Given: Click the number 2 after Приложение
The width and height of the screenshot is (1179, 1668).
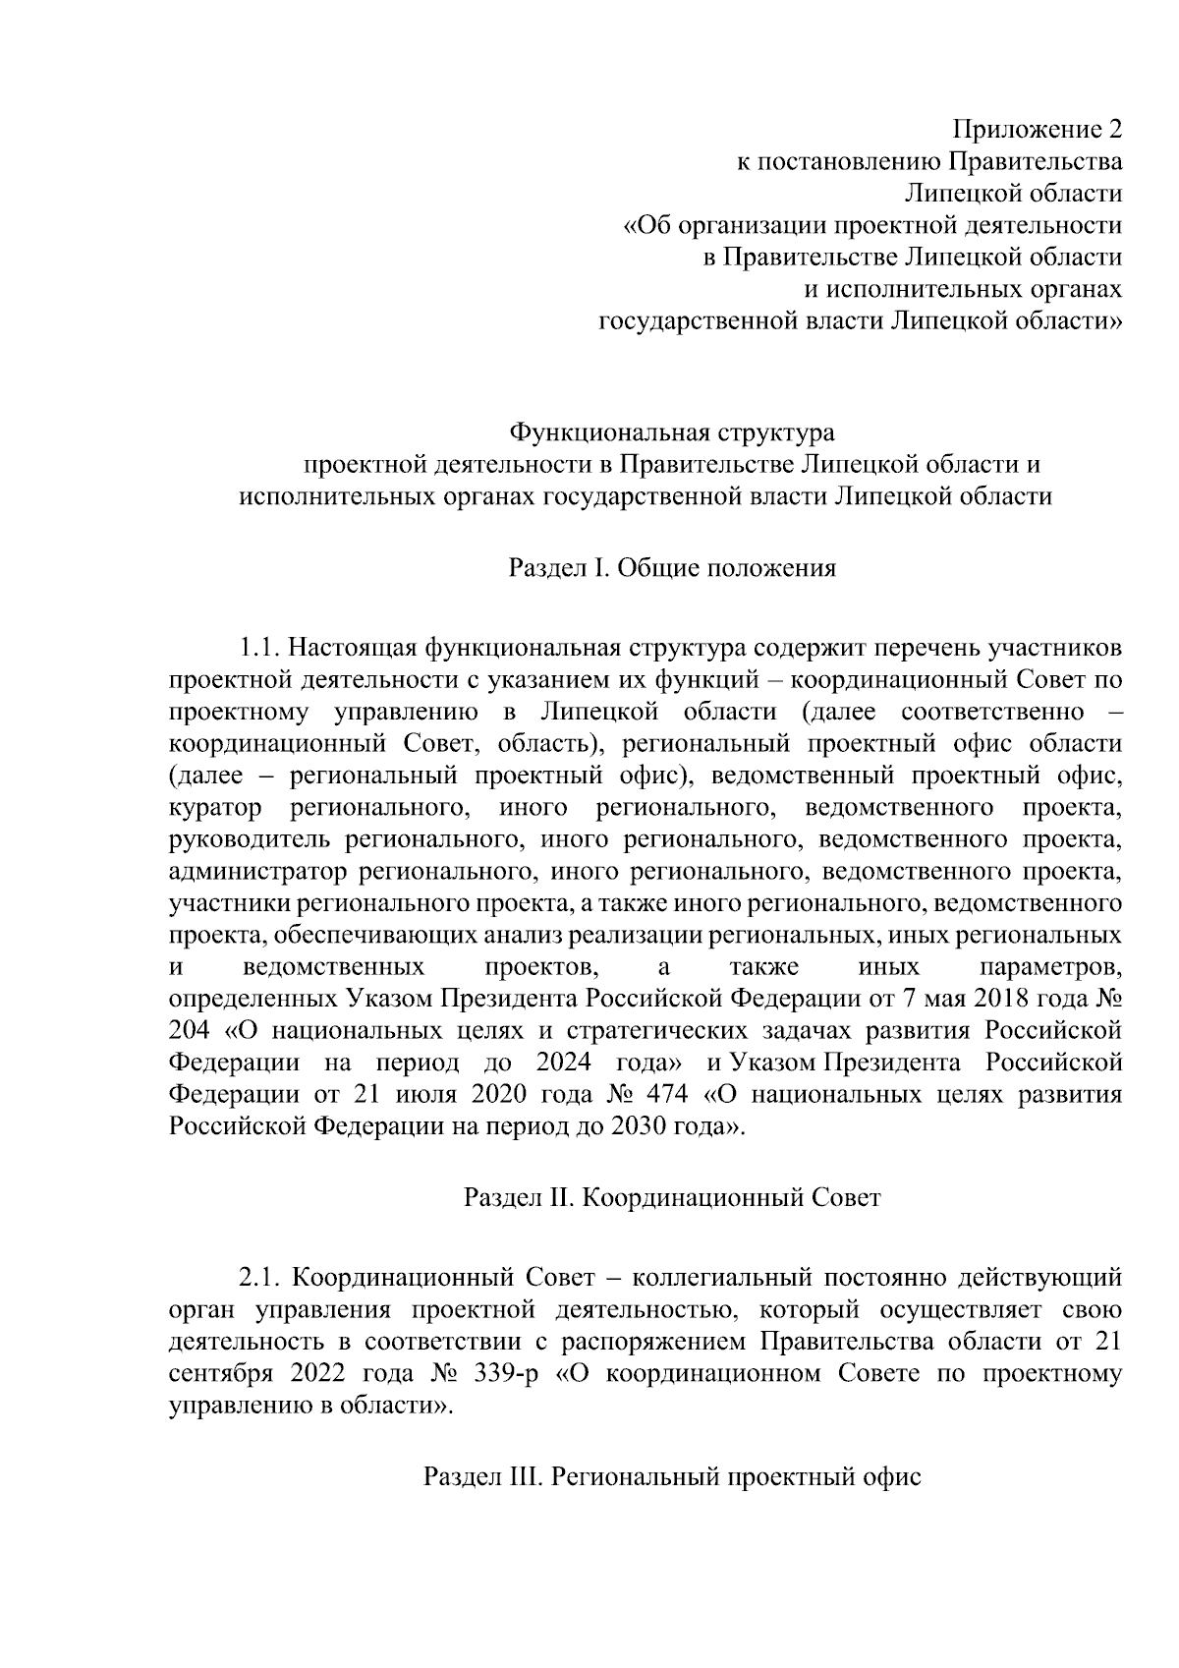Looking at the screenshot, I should (x=1113, y=130).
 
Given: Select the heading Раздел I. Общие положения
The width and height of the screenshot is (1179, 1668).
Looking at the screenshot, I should (x=673, y=568).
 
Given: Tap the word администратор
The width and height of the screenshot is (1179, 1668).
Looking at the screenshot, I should (x=258, y=872).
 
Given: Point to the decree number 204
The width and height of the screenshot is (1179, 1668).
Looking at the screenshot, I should (x=191, y=1031).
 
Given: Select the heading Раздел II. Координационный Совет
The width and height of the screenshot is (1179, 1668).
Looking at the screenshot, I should (x=673, y=1198).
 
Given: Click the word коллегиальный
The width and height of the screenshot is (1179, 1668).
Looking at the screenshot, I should (x=721, y=1279).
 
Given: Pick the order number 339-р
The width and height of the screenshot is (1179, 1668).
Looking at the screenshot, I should (x=506, y=1374).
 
